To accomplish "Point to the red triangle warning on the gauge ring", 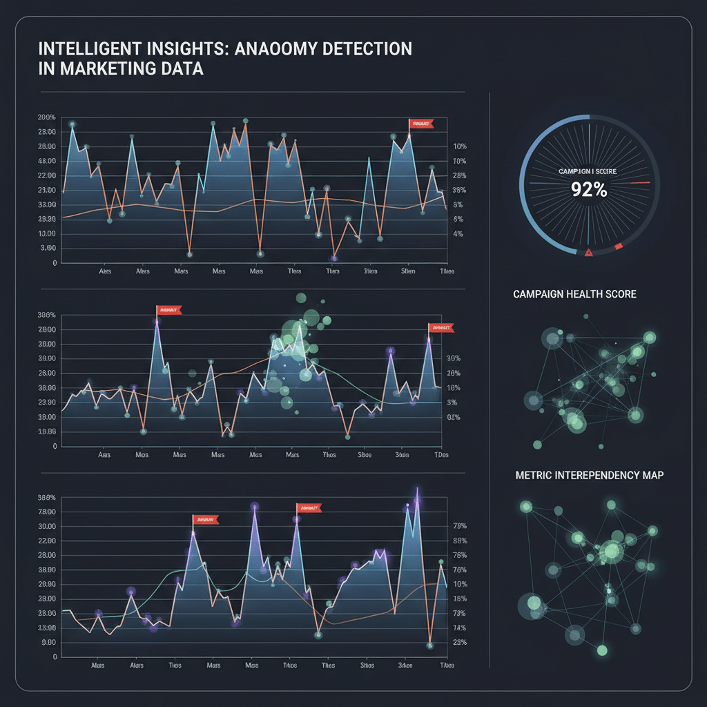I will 588,253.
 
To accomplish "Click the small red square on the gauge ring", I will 618,246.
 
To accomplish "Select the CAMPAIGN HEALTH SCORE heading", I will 574,294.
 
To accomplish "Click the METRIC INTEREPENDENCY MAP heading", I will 589,476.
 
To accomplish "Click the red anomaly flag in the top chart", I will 420,124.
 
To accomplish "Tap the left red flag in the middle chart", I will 168,310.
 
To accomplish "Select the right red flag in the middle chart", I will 440,328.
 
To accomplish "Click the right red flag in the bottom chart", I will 309,508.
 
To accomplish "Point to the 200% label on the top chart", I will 46,117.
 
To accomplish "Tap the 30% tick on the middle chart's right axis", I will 454,359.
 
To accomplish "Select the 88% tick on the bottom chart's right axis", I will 460,541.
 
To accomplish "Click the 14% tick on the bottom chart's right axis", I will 460,628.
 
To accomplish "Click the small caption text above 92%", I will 588,171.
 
